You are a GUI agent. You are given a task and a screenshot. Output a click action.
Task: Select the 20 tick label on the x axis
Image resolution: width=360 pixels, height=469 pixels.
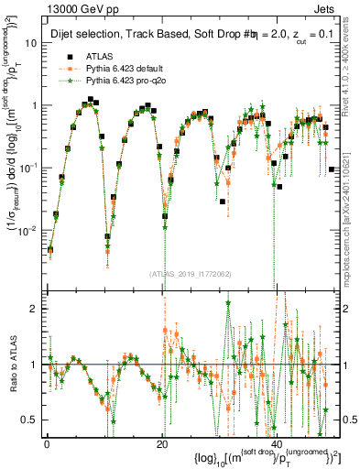point(161,442)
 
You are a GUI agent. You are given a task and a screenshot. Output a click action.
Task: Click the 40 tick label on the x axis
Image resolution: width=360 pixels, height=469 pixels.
point(276,442)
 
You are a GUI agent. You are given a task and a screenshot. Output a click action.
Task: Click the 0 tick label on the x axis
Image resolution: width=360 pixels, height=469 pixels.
point(47,442)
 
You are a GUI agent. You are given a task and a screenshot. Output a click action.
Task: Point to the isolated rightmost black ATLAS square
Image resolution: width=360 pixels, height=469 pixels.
point(331,169)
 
